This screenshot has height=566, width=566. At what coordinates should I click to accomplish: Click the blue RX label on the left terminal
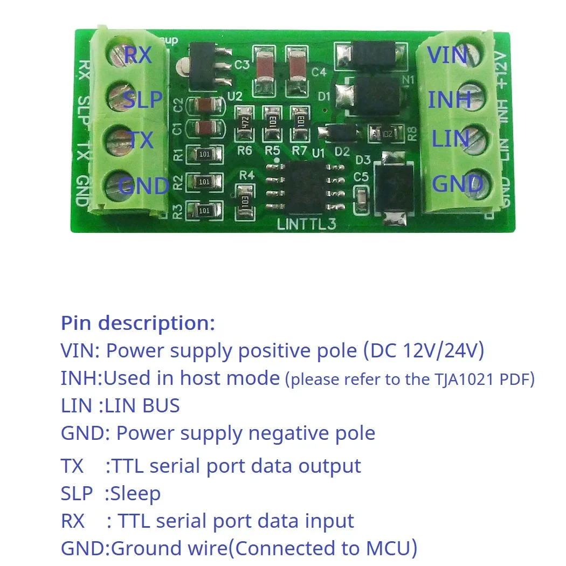tap(138, 56)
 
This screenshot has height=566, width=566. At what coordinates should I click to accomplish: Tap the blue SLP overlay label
tap(143, 100)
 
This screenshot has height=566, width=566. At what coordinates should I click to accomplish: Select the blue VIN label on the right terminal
tap(447, 55)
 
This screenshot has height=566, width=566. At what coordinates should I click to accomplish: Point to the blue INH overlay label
tap(449, 100)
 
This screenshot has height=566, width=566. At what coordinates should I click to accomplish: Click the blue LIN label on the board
tap(450, 139)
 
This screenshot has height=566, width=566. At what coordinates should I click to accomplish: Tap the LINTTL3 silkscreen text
tap(306, 224)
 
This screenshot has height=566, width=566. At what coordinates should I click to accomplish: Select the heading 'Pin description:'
tap(138, 323)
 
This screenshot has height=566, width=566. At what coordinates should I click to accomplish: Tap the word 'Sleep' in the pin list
tap(135, 493)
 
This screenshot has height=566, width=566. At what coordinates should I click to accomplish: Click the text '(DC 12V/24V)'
tap(424, 351)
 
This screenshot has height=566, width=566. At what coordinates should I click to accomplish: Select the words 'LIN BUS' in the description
tap(143, 405)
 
